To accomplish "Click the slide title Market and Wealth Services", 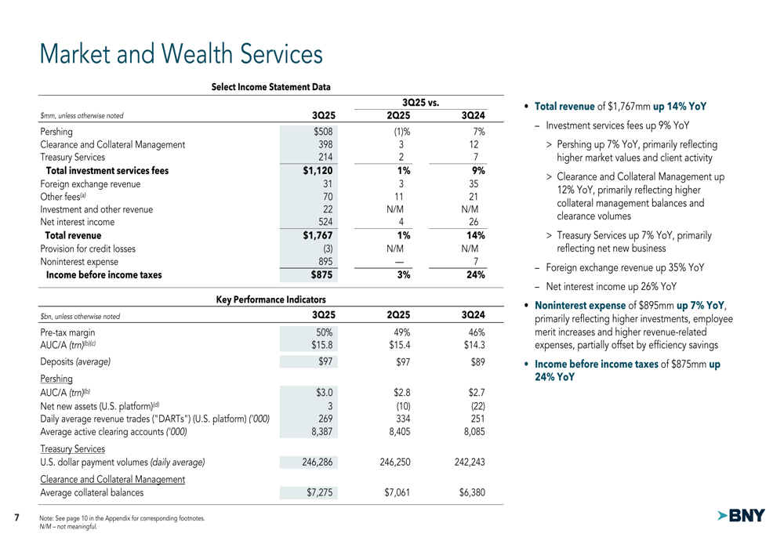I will coord(181,54).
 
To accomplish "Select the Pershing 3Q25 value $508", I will coord(324,132).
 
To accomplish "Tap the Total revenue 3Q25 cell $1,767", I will coord(319,234).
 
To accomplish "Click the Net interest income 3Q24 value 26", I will coord(479,222).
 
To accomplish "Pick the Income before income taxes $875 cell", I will coord(321,275).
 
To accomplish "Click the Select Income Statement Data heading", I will coord(271,87).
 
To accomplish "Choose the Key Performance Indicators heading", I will coord(271,299).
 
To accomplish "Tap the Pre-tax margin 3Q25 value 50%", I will coord(325,332).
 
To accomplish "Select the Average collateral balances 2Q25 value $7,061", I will coord(394,493).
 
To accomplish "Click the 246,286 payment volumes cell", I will coord(318,463).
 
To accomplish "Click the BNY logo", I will coord(741,516).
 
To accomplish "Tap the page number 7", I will coord(17,517).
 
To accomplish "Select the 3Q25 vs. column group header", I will coord(419,103).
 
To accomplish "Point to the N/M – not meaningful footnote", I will coord(68,527).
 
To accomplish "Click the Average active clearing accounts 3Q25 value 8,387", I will coord(321,431).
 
